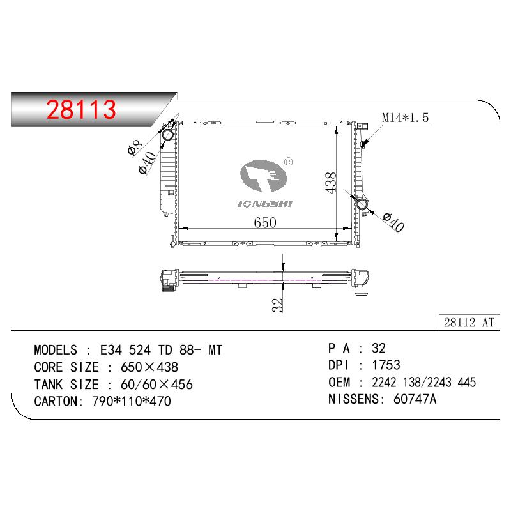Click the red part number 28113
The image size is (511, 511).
[x=81, y=109]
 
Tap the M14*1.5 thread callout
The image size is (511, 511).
[x=405, y=118]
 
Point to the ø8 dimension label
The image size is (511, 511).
[x=135, y=148]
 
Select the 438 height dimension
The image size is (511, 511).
[x=330, y=183]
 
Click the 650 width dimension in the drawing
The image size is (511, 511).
[x=265, y=222]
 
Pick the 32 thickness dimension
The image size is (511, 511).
[x=277, y=305]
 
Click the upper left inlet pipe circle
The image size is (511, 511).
[x=168, y=135]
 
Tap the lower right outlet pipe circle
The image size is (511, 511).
[x=362, y=204]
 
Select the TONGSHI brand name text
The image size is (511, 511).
[x=264, y=204]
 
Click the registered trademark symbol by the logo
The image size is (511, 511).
[x=289, y=162]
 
